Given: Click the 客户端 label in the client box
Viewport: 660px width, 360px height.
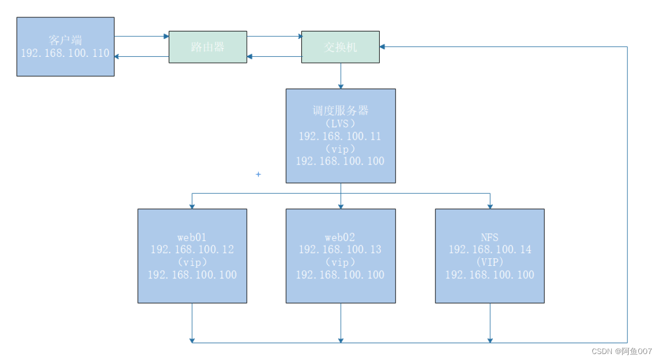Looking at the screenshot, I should (65, 41).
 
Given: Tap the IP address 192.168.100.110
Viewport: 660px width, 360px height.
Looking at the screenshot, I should (65, 54).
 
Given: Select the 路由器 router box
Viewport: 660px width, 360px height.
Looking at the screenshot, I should (208, 47).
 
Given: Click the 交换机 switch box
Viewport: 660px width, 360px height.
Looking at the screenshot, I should (340, 47).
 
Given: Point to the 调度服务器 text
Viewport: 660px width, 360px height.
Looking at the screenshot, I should (340, 110).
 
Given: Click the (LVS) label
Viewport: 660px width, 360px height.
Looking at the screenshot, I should (340, 123).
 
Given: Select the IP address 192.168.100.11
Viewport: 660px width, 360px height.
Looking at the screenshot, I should (340, 136).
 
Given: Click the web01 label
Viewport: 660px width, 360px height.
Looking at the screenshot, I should (192, 237).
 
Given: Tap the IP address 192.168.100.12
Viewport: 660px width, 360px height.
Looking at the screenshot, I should (192, 250).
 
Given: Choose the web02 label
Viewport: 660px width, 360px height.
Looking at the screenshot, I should (340, 237).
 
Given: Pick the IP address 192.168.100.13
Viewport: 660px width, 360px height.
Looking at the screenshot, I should (340, 250).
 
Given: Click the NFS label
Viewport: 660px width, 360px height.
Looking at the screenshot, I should (490, 237).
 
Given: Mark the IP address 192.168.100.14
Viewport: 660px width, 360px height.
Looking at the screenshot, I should (490, 250).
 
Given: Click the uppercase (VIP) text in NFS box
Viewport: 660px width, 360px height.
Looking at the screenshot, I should (490, 262).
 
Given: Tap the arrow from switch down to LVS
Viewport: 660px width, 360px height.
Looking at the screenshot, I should (341, 76).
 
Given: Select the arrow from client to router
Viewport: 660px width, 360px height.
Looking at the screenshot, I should (142, 37).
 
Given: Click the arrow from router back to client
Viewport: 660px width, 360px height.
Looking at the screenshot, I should (142, 56).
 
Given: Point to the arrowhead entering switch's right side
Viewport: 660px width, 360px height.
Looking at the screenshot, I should (382, 47).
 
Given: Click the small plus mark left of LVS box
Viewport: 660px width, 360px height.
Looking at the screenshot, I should (259, 174).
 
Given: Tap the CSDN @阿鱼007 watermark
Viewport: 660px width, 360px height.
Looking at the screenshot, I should (622, 351).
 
